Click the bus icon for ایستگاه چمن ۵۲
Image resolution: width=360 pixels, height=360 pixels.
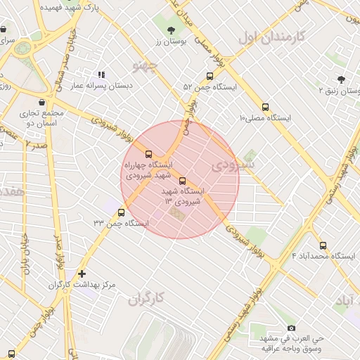210,76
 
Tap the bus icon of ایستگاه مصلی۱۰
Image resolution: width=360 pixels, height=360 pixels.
265,107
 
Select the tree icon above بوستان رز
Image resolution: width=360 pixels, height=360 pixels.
172,30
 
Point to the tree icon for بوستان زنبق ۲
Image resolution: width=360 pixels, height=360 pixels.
341,79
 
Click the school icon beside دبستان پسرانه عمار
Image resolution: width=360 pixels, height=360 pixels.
101,74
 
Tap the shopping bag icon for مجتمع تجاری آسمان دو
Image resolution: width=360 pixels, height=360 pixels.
41,102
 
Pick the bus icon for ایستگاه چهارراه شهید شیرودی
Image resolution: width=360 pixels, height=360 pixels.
148,153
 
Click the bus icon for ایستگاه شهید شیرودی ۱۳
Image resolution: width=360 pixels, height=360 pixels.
183,181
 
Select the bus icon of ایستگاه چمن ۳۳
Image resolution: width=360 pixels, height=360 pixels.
122,212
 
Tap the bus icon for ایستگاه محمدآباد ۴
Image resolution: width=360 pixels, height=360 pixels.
323,245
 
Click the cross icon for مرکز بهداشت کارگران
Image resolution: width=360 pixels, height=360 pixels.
82,274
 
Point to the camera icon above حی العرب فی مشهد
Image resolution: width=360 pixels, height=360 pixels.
291,328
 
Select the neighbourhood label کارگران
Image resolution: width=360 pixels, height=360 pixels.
146,299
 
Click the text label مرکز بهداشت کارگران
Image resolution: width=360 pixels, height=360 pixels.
81,285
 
